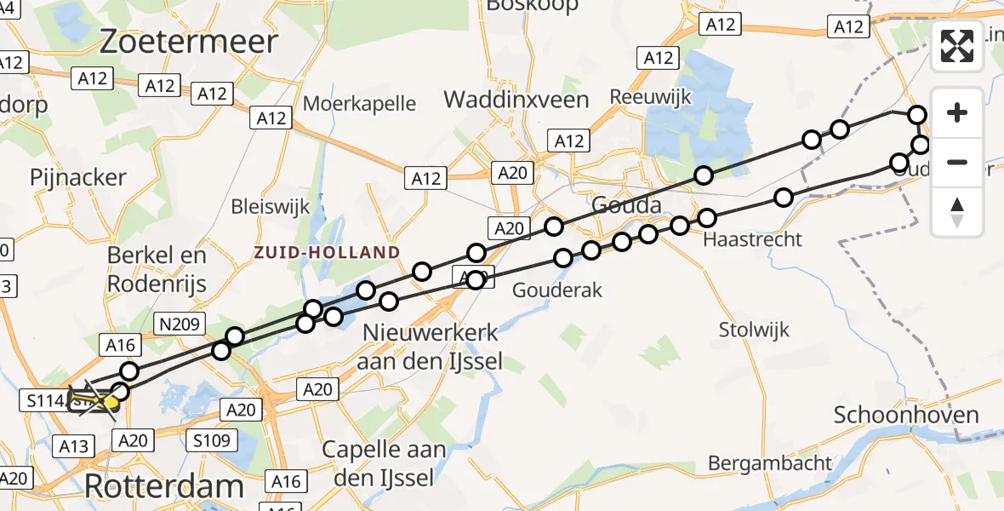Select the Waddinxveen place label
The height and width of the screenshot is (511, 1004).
[516, 100]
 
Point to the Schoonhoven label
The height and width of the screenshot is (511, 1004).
[906, 416]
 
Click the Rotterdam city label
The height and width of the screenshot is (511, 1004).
[163, 486]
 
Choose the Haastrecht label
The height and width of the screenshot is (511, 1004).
[753, 239]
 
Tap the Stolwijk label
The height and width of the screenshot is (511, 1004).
[754, 330]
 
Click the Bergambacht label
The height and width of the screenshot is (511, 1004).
[770, 463]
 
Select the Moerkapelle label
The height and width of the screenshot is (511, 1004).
[360, 104]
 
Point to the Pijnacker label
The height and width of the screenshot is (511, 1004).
[77, 177]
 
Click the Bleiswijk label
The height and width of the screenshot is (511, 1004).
[271, 207]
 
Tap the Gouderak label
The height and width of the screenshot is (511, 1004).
[558, 290]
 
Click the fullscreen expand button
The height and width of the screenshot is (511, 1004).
[957, 46]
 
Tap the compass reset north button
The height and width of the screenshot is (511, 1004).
[957, 211]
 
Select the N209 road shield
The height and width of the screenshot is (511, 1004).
[177, 323]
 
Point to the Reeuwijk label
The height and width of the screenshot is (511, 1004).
[651, 97]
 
